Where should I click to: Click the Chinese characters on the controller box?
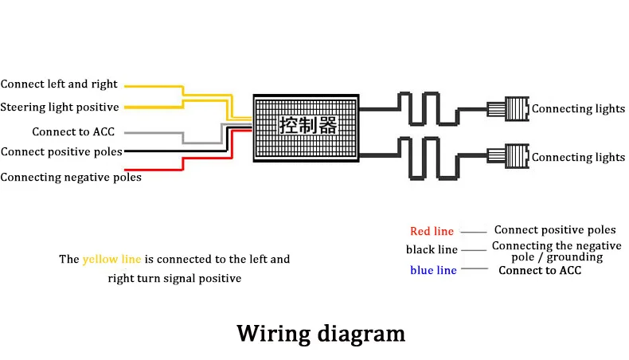tap(308, 125)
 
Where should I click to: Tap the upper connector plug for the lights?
tap(508, 109)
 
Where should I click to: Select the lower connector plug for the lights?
tap(508, 156)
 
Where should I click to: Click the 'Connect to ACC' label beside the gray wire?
tap(73, 131)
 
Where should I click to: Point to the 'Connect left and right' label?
tap(59, 84)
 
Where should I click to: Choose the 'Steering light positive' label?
tap(60, 108)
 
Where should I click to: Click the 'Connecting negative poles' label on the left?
tap(71, 178)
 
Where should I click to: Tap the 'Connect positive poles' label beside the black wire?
tap(61, 151)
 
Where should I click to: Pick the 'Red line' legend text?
tap(432, 231)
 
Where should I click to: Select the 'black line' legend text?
tap(432, 249)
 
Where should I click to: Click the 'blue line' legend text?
tap(433, 270)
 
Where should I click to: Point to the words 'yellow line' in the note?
tap(112, 260)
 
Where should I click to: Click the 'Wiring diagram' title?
tap(321, 334)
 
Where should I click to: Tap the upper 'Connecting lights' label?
tap(578, 109)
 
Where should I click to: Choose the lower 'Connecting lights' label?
tap(578, 158)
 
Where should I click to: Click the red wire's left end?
tap(126, 170)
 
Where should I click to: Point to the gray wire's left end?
tap(126, 132)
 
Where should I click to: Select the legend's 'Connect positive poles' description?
tap(555, 230)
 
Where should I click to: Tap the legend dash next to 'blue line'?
tap(475, 268)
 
